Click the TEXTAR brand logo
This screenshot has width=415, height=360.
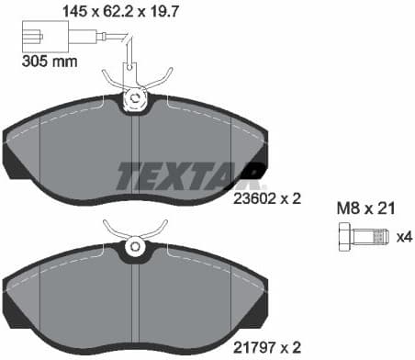(190, 172)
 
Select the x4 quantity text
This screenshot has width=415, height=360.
(403, 237)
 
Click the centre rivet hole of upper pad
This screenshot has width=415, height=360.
(135, 98)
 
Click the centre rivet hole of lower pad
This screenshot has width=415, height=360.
(135, 245)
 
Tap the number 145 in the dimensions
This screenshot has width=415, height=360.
(74, 11)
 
